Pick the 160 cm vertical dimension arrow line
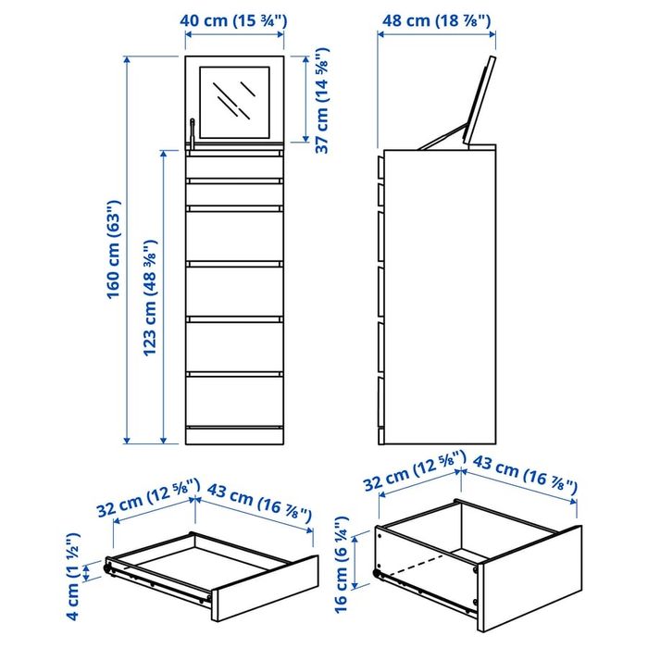click(128, 250)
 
